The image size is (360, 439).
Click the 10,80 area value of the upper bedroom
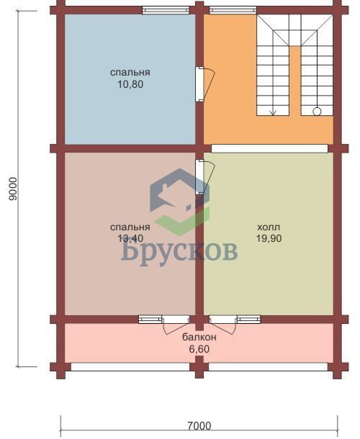tap(130, 84)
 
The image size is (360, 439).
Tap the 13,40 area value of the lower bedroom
tap(130, 238)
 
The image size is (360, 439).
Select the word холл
tap(269, 227)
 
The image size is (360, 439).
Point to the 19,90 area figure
tap(269, 238)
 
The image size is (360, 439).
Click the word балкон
tap(199, 338)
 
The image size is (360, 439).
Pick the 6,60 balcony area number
tap(199, 350)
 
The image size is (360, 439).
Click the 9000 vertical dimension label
tap(13, 189)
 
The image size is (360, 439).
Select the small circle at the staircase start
tap(317, 112)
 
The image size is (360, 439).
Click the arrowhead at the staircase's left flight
tap(273, 113)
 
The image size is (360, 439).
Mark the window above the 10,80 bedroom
tap(166, 10)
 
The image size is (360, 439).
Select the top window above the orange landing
tap(233, 10)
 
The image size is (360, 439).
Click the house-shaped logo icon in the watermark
tap(179, 202)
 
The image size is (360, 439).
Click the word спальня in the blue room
tap(130, 73)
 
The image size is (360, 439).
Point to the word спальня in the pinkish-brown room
tap(130, 227)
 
